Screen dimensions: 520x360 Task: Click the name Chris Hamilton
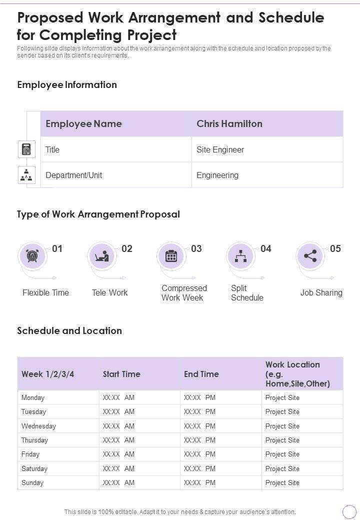click(229, 124)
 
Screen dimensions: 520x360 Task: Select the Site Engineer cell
click(220, 149)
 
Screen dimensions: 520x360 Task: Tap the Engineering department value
click(217, 175)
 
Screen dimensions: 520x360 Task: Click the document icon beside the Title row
click(26, 149)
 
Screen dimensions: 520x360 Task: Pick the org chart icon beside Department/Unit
click(26, 175)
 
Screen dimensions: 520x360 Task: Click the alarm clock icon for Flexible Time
click(32, 256)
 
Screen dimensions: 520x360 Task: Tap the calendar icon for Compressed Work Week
click(171, 256)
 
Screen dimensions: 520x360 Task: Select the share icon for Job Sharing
click(310, 256)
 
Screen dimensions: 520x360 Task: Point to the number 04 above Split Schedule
click(266, 248)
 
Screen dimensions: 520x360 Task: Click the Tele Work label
click(109, 292)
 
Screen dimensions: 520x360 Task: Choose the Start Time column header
click(121, 374)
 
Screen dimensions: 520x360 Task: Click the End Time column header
click(201, 374)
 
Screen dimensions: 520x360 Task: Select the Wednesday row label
click(38, 426)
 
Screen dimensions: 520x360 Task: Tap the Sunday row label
click(32, 482)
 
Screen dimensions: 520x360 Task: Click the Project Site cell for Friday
click(282, 454)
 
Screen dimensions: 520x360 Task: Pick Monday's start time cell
click(118, 397)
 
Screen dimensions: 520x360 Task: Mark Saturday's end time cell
click(199, 468)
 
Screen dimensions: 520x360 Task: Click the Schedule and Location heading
click(69, 330)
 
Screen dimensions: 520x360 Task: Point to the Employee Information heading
click(67, 84)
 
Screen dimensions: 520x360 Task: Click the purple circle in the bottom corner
click(349, 511)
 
